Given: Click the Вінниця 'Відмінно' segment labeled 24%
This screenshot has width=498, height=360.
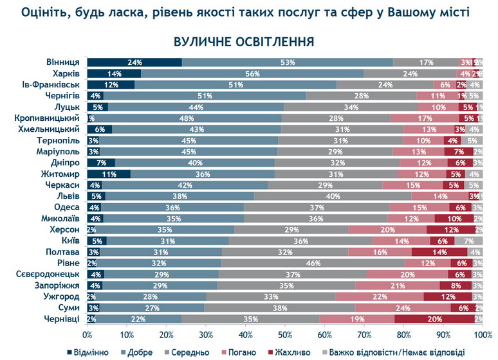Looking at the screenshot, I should pyautogui.click(x=134, y=62).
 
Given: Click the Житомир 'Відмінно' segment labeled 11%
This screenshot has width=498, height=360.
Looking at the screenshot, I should pyautogui.click(x=109, y=174).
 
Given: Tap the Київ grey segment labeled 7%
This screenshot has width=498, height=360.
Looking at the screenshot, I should pyautogui.click(x=469, y=241).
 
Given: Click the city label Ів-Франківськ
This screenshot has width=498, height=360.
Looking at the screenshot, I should pyautogui.click(x=51, y=84).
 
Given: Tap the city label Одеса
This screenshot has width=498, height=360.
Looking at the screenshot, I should pyautogui.click(x=66, y=207).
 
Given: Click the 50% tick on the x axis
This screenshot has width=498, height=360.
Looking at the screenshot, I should pyautogui.click(x=285, y=335).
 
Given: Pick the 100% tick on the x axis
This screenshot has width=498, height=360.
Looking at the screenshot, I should pyautogui.click(x=482, y=335).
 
